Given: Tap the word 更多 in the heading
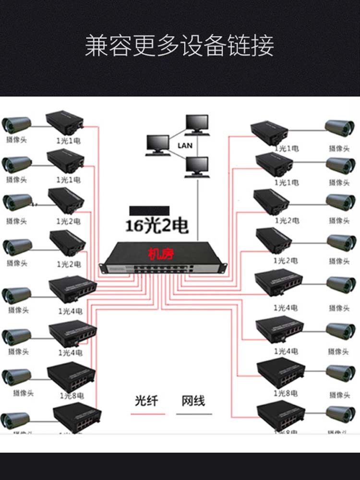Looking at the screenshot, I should point(156,46).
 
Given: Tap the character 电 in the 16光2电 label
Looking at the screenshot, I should point(180,226).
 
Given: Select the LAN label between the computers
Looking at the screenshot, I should point(184,145).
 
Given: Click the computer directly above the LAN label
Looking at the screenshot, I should point(197,124).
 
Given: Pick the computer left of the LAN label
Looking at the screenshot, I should point(158,145).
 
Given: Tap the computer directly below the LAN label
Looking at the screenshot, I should point(197,167).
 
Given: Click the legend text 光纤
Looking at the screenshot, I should point(147,401).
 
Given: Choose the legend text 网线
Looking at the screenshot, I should point(193,401).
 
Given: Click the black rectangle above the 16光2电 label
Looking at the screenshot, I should point(149,210).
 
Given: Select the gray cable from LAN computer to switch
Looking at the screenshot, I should point(197,211).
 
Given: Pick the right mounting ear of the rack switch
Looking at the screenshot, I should point(222,266).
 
